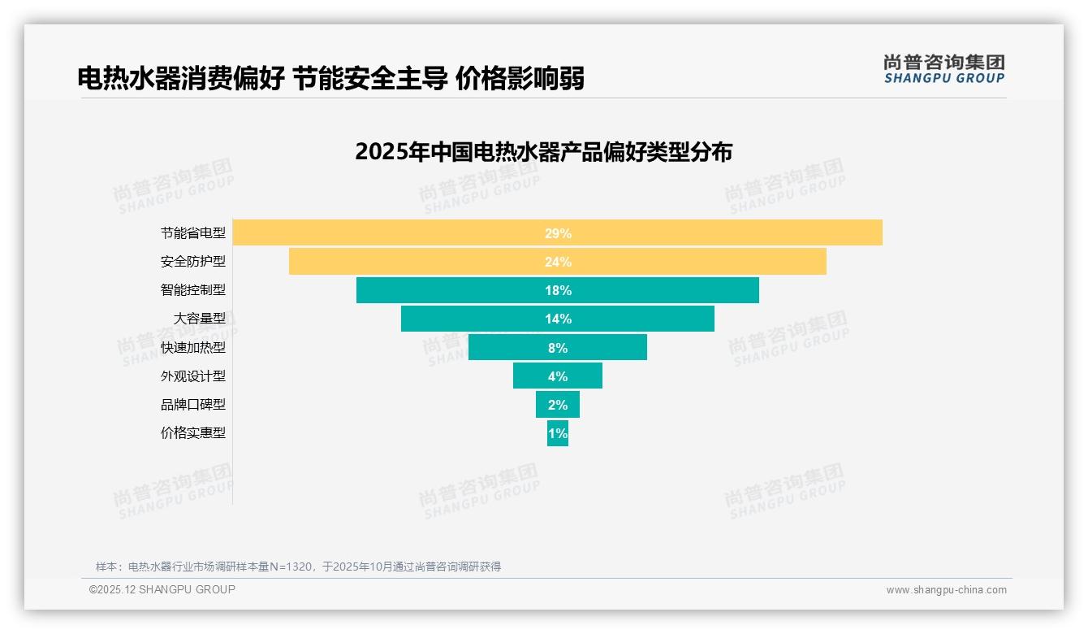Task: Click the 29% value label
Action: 558,233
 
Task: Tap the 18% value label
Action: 558,290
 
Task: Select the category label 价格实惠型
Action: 193,433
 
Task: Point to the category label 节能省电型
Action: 193,233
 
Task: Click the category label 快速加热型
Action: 193,348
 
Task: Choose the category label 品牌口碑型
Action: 193,405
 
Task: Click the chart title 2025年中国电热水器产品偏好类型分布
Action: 543,152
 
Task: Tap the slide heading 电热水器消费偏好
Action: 180,79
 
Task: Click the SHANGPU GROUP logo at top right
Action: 943,69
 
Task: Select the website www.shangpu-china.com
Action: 946,590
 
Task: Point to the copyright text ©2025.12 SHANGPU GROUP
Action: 162,589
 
